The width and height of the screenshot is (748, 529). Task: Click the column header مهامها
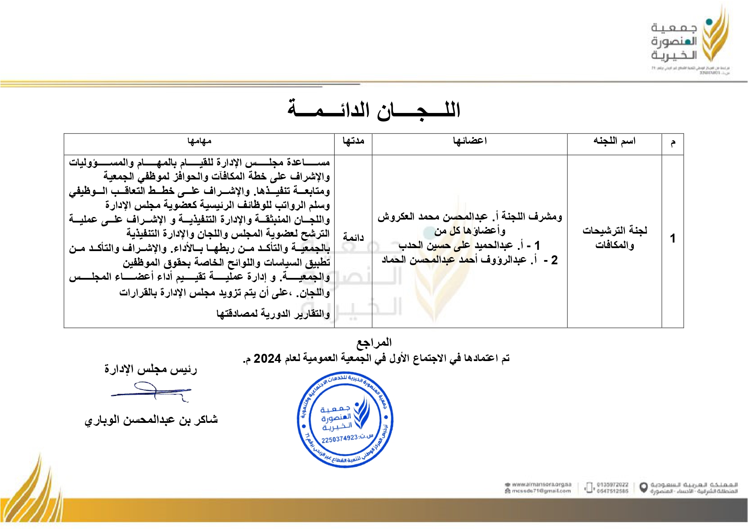199,141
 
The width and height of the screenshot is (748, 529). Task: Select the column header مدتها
353,141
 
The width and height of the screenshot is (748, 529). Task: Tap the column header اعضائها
470,141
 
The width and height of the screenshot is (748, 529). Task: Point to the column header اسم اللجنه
614,141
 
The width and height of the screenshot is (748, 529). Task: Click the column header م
673,142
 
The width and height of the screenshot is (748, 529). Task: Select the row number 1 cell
673,238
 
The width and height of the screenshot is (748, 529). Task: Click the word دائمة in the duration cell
353,237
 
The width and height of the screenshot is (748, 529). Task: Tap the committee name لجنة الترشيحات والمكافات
615,237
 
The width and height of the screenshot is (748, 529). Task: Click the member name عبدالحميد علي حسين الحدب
456,246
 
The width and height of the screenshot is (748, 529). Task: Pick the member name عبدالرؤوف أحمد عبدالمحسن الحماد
454,260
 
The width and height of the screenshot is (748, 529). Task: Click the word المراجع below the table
374,342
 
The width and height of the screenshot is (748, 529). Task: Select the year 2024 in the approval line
267,359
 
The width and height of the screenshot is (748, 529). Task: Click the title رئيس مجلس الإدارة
151,369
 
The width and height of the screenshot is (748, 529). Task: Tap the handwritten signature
151,392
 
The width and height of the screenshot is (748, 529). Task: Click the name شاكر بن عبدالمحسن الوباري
151,420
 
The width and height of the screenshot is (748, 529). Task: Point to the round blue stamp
345,419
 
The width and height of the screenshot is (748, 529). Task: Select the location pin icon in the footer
644,487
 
